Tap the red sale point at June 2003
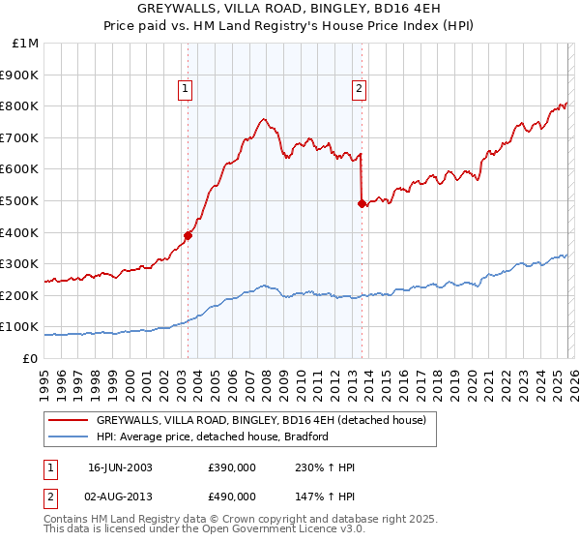coord(188,235)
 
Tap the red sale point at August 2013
coord(362,203)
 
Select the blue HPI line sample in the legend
coord(69,437)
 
